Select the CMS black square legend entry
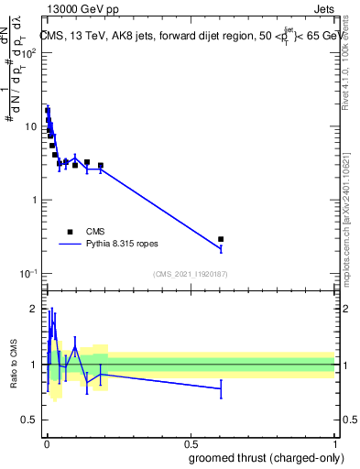(70, 232)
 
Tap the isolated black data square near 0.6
(221, 239)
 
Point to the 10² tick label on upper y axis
(28, 52)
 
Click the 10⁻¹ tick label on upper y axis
(28, 274)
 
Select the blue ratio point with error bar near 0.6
(221, 388)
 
